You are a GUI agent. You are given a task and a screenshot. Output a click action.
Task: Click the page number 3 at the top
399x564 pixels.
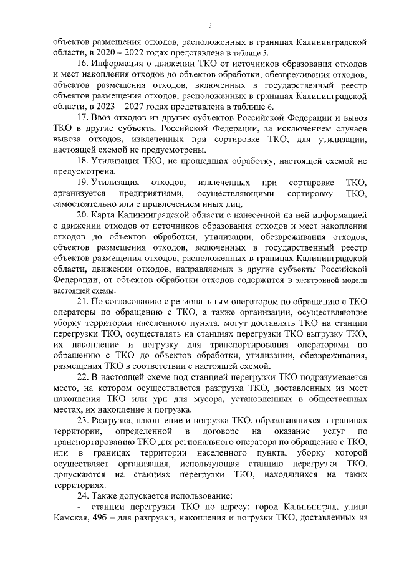tap(210, 26)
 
